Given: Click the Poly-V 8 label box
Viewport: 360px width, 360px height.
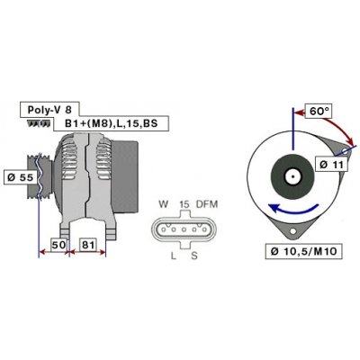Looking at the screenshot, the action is (49, 109).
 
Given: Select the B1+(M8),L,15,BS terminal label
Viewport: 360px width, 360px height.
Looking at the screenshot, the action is (111, 123).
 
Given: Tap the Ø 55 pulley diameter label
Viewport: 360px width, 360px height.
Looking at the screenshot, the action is (20, 177).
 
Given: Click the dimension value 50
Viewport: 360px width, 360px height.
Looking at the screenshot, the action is (58, 245).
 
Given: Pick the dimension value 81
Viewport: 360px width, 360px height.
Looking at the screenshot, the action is (88, 245).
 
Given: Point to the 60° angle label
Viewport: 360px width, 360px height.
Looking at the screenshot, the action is (319, 112).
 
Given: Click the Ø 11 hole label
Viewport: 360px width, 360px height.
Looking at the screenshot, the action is (331, 165).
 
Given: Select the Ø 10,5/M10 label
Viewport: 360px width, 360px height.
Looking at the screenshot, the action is (303, 251).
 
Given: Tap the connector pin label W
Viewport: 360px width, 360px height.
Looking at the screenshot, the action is (163, 204).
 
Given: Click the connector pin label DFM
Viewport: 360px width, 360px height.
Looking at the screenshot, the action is (207, 204).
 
